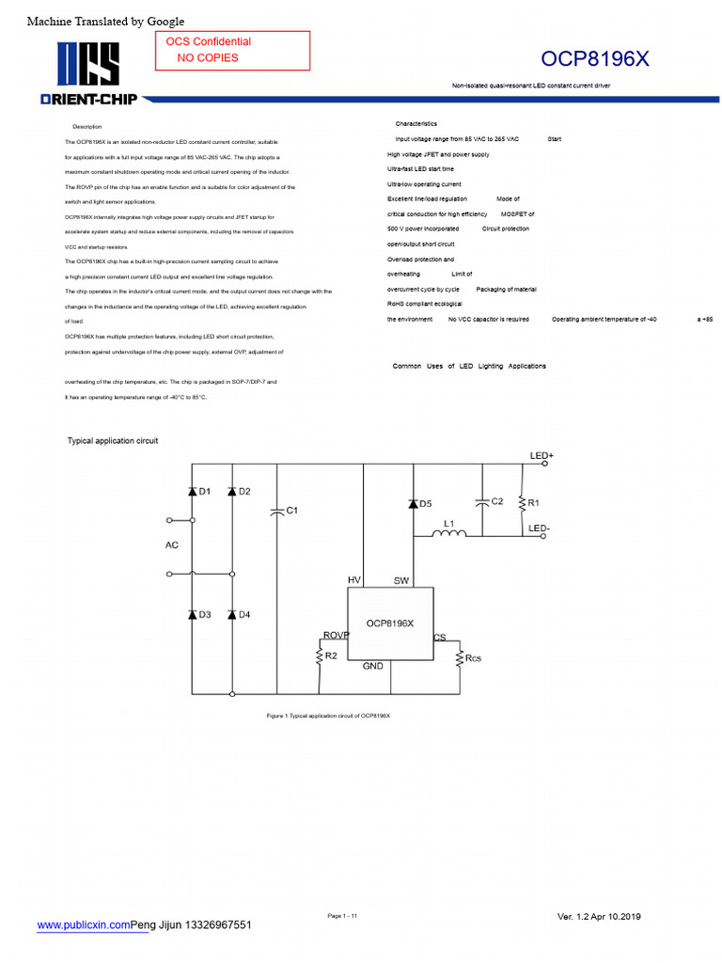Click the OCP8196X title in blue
594,59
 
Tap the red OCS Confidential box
232,50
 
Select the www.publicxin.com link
84,925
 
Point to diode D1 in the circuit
192,492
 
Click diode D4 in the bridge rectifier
231,614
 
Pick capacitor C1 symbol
277,511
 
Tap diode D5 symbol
412,504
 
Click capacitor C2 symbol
481,502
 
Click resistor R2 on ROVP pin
320,656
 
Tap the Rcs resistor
460,657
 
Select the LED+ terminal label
541,456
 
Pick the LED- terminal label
540,529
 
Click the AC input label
172,545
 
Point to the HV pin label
354,580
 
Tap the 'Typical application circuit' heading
113,440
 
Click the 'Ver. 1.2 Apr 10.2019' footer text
599,917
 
